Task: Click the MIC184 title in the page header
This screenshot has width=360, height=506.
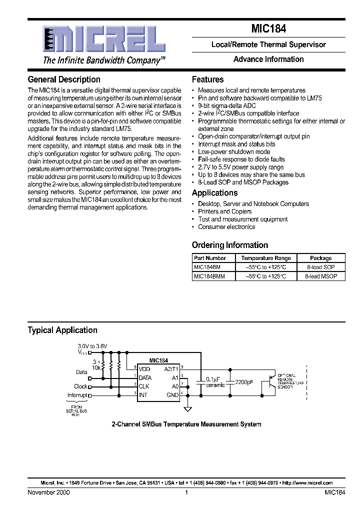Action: tap(268, 29)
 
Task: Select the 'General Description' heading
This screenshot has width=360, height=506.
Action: tap(64, 79)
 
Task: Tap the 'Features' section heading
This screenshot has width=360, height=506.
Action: tap(207, 79)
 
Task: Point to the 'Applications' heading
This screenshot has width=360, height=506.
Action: tap(214, 193)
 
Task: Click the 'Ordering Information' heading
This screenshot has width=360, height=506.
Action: tap(230, 245)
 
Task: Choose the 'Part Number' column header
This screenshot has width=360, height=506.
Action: tap(210, 258)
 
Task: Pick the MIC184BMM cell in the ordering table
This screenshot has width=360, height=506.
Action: tap(210, 276)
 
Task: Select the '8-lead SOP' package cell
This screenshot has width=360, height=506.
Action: tap(321, 267)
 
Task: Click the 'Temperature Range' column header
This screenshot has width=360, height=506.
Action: tap(266, 258)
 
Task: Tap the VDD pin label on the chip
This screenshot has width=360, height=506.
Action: tap(144, 369)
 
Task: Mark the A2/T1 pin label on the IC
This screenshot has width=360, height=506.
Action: tap(171, 369)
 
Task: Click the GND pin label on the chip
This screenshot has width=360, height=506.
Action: tap(172, 395)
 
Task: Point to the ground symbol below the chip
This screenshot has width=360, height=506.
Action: tap(188, 409)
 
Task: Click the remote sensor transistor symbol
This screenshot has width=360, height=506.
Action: tap(270, 381)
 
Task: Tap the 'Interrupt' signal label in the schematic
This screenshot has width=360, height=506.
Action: tap(77, 395)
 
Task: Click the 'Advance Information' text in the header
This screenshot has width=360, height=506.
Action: tap(268, 59)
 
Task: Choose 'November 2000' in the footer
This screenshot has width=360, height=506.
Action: tap(49, 492)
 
